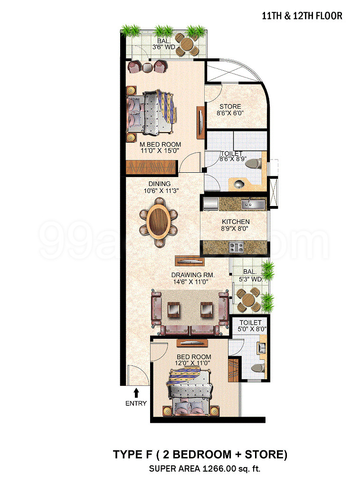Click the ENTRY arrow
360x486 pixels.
136,393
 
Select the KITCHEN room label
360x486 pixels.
236,222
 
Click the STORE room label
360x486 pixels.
230,106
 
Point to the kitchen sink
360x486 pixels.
253,204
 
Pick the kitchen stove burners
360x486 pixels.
237,247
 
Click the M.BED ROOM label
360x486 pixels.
160,144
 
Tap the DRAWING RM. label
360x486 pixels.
193,275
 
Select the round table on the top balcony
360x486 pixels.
186,45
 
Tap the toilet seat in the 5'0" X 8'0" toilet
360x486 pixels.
258,368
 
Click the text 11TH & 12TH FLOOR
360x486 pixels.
302,16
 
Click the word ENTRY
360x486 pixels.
136,403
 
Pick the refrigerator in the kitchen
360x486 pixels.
211,205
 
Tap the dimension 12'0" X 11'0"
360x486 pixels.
193,363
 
